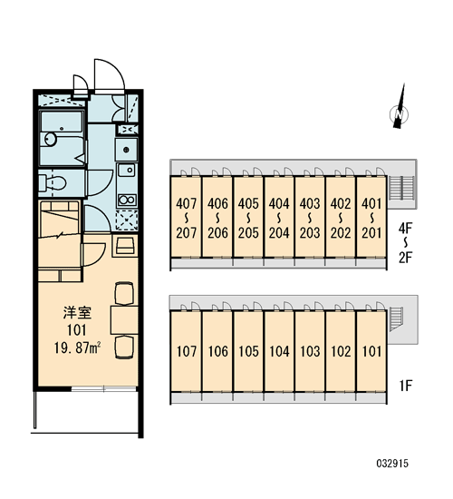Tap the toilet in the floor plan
53,183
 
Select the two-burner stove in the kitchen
127,200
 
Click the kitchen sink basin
127,170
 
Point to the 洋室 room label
77,313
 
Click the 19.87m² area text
77,348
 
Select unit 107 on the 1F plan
187,351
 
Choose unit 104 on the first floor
279,351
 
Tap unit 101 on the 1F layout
371,351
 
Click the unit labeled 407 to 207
187,218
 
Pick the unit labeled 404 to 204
279,218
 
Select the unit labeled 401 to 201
371,218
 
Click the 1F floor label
406,386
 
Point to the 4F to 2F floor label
406,243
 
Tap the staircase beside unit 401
401,188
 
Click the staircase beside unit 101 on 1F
396,319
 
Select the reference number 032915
392,463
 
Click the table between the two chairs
124,320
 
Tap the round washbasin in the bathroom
50,139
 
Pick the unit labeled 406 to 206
217,218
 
